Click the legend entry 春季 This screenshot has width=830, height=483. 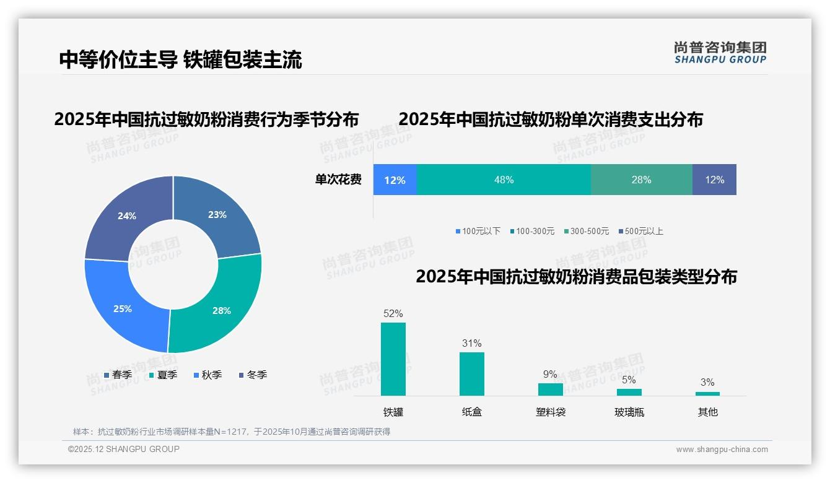pos(118,375)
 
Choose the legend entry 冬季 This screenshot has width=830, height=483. pos(252,375)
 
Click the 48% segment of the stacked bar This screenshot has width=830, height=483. pos(504,180)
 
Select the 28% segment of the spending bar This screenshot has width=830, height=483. pos(641,180)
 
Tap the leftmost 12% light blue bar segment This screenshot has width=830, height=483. pos(395,180)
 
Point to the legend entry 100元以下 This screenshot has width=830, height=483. pos(478,231)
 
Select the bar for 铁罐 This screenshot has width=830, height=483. pos(393,359)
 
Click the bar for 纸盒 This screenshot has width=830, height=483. pos(471,374)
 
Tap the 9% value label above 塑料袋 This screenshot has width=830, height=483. pos(550,374)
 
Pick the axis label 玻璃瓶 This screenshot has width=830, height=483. pos(629,412)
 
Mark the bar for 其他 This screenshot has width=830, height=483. pos(707,393)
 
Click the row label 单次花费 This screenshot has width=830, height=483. pos(338,180)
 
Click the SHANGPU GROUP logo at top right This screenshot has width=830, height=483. pos(720,53)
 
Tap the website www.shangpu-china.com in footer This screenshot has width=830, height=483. pos(722,450)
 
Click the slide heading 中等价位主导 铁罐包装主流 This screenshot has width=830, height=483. pos(180,59)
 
